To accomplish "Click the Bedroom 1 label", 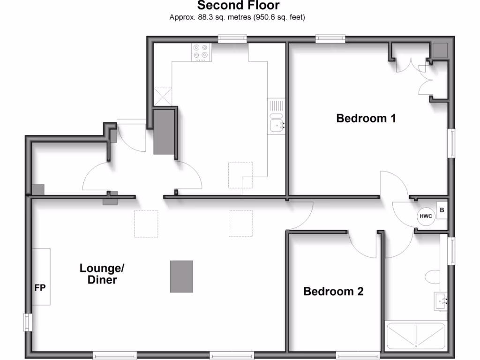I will (366, 118).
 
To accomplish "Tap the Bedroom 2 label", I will (333, 292).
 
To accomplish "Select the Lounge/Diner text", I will (102, 274).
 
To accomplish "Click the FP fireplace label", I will (40, 288).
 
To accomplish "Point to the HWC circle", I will (426, 216).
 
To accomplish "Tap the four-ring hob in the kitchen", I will (201, 52).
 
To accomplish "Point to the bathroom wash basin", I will (442, 300).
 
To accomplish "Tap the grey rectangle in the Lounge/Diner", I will (181, 277).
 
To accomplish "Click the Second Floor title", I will (238, 6).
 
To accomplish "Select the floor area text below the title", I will (237, 18).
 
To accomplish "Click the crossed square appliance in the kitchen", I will (163, 97).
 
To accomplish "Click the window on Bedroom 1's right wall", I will (452, 143).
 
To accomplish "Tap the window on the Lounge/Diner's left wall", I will (28, 322).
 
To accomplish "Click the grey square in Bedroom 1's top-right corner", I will (440, 50).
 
